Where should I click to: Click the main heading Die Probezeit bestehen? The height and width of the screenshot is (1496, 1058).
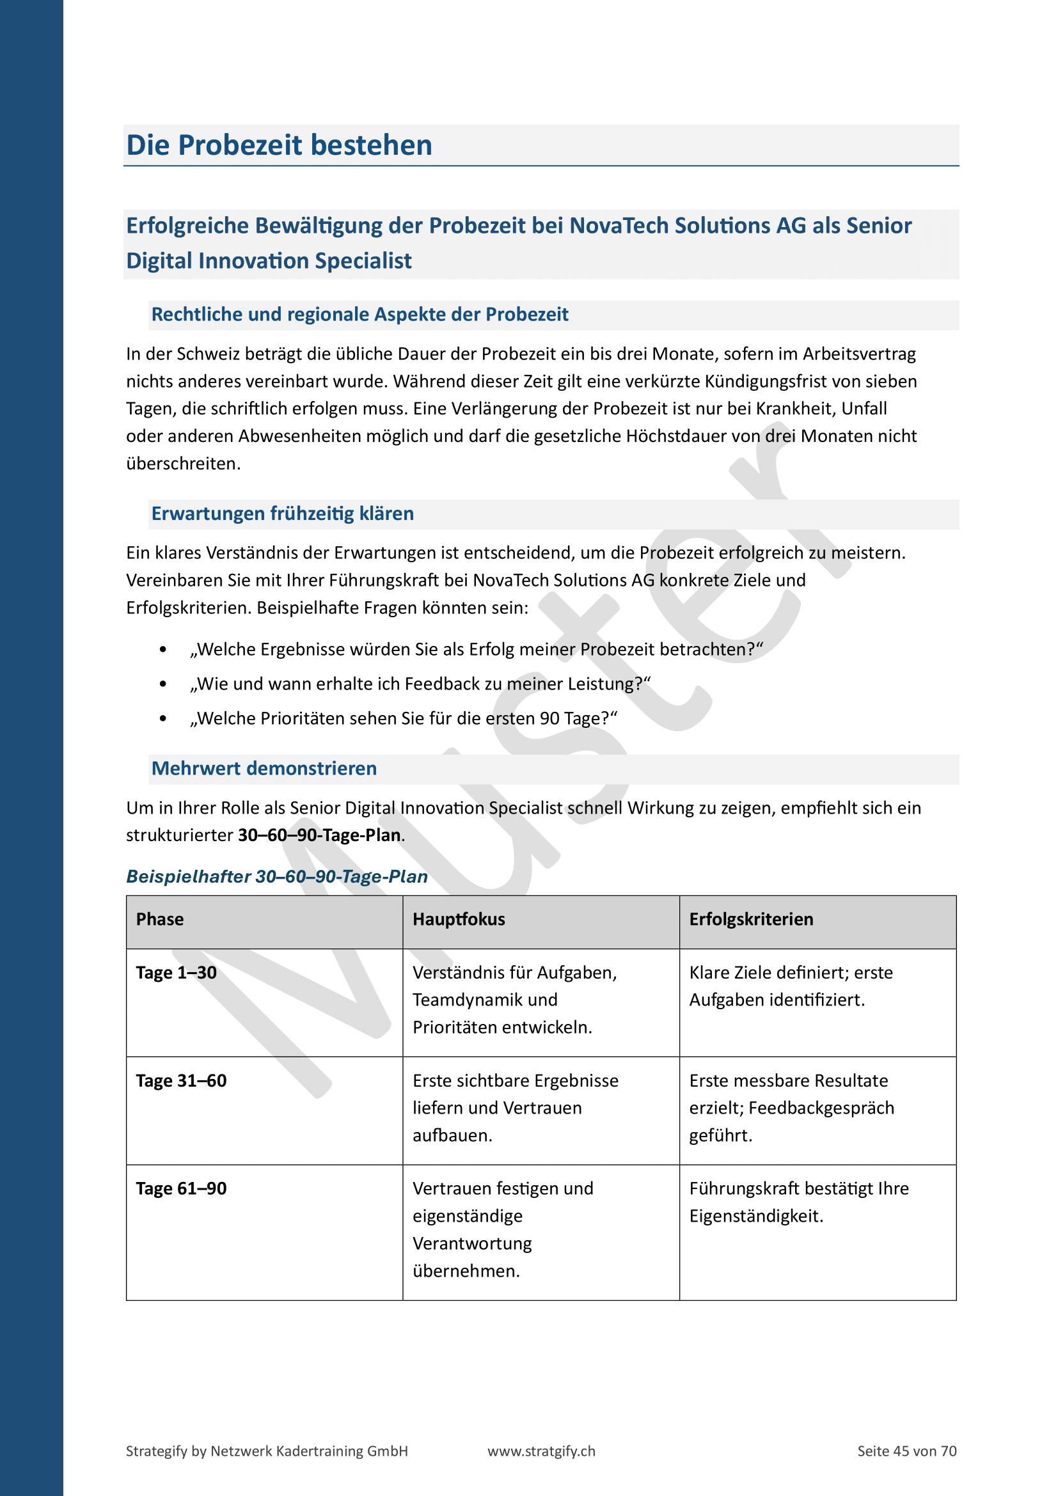tap(279, 145)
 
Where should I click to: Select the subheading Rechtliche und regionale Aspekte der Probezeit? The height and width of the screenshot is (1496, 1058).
tap(359, 315)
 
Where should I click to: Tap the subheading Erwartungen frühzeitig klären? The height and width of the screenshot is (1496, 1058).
tap(282, 514)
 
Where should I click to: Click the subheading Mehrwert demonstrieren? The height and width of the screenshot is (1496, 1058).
tap(264, 768)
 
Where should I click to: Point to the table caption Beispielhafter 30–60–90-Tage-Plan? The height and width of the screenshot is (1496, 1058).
tap(277, 876)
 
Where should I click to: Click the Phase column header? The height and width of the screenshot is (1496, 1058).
tap(160, 919)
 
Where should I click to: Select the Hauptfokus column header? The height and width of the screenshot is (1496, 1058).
tap(459, 919)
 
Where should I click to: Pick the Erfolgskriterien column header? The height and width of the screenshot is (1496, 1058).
tap(751, 919)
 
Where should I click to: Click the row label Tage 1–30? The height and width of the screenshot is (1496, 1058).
tap(176, 973)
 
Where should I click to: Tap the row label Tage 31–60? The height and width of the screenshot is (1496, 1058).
tap(181, 1081)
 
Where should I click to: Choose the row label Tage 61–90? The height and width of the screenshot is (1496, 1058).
tap(181, 1188)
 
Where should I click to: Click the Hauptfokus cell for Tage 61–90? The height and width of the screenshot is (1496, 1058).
tap(502, 1229)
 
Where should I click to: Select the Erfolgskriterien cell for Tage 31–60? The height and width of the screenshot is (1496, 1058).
tap(791, 1108)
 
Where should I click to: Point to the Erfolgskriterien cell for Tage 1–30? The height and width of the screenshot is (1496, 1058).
tap(790, 986)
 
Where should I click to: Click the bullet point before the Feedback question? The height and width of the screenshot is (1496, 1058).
tap(163, 684)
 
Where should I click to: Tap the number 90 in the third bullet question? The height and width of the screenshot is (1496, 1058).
tap(550, 719)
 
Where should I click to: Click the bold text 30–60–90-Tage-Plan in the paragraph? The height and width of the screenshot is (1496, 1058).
tap(319, 835)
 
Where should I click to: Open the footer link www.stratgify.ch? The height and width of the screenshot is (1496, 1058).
tap(541, 1451)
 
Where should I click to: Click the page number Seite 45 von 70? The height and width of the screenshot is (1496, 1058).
tap(906, 1451)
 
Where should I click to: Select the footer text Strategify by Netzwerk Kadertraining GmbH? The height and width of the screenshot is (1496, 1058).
tap(267, 1451)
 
